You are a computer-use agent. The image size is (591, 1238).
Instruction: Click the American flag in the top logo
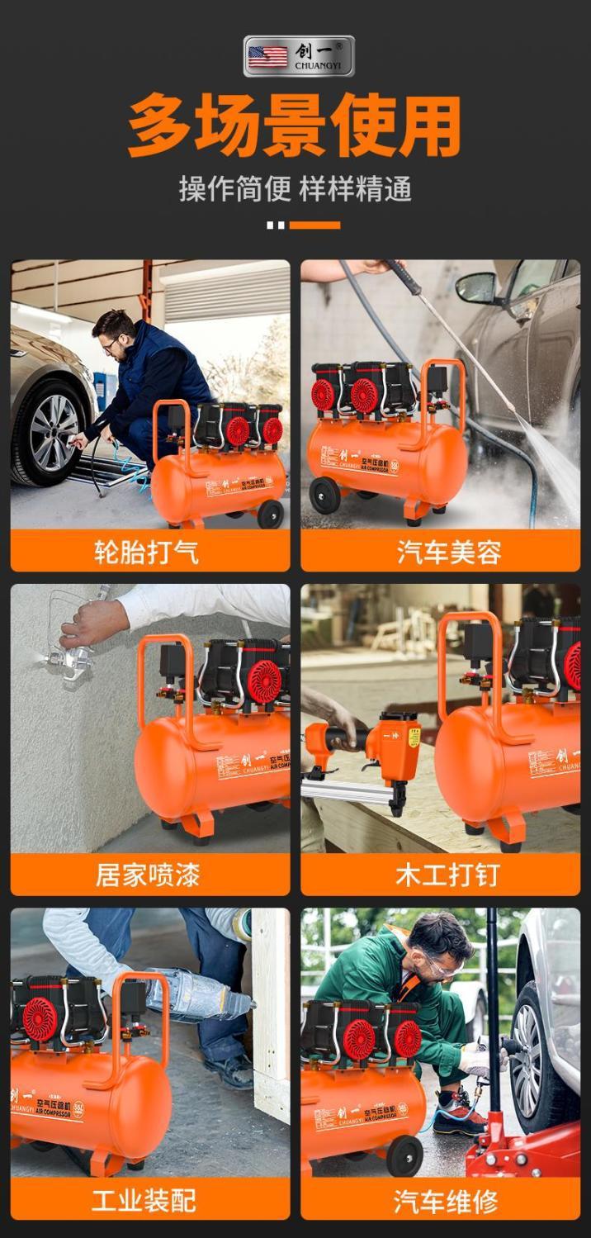tap(268, 56)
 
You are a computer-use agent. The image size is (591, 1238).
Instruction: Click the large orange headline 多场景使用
tap(295, 125)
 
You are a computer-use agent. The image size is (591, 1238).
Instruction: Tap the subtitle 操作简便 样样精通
tap(295, 188)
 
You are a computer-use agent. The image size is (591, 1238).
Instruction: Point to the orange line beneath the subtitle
tap(314, 225)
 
